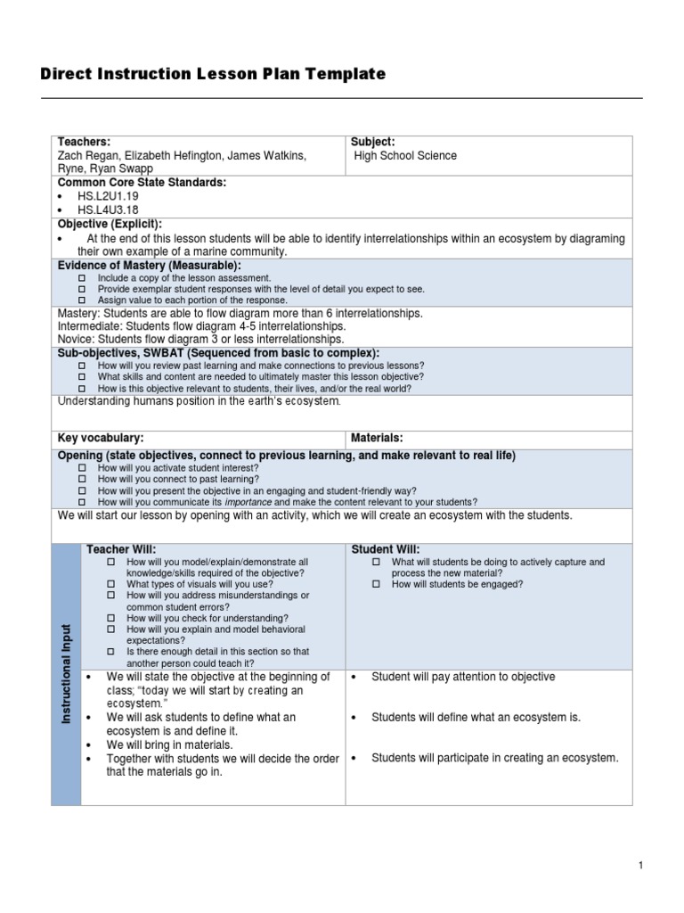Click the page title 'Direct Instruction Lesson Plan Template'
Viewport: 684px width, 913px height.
[x=213, y=74]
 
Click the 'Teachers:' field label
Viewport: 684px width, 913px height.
[x=84, y=142]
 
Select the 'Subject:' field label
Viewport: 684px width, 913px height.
[x=372, y=142]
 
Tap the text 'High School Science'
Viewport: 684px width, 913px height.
[x=405, y=155]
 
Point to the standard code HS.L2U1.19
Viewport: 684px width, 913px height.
[x=108, y=196]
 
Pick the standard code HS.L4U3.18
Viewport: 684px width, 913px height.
[x=108, y=210]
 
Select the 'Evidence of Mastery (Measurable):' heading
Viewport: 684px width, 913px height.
[x=150, y=266]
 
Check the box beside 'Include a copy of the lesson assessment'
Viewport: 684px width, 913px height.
[x=82, y=278]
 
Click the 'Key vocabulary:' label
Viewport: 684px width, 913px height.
[x=101, y=438]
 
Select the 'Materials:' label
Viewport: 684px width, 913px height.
[x=378, y=438]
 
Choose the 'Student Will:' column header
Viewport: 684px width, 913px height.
[x=386, y=549]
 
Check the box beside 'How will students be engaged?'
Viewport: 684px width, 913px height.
[x=376, y=584]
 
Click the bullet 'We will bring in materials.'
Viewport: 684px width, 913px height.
[x=169, y=744]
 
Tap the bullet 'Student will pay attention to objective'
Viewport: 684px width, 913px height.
[x=462, y=677]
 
